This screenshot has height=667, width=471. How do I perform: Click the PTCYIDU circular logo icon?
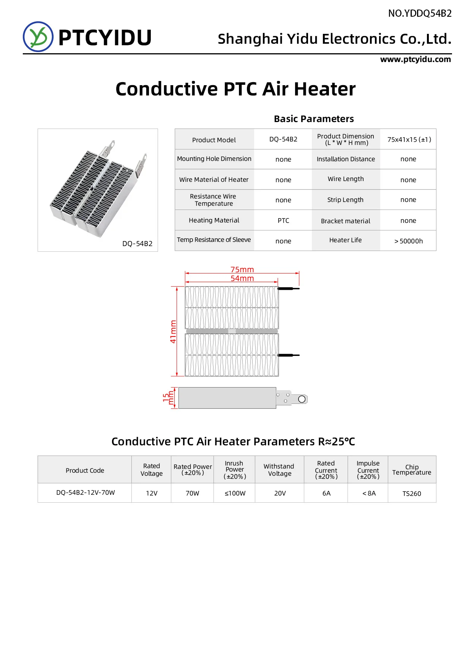pyautogui.click(x=38, y=37)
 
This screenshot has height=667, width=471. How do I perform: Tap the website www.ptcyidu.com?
pyautogui.click(x=416, y=59)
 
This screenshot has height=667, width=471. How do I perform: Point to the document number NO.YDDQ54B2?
pyautogui.click(x=420, y=14)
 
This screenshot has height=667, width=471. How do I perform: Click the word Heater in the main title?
pyautogui.click(x=325, y=89)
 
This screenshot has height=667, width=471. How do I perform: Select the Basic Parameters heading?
pyautogui.click(x=314, y=119)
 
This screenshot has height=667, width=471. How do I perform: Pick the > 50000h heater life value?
pyautogui.click(x=408, y=241)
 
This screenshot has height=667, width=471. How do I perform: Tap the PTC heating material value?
pyautogui.click(x=283, y=221)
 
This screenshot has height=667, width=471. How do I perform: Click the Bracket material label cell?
pyautogui.click(x=345, y=221)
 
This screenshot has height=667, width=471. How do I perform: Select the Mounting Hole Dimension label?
pyautogui.click(x=214, y=159)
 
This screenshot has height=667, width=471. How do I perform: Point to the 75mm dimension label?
pyautogui.click(x=242, y=270)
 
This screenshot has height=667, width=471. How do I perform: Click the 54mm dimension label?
pyautogui.click(x=242, y=278)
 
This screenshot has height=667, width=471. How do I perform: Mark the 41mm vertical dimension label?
pyautogui.click(x=173, y=332)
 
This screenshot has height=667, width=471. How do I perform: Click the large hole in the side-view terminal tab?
pyautogui.click(x=302, y=399)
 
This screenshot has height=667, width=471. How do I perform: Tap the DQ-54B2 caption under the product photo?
pyautogui.click(x=137, y=244)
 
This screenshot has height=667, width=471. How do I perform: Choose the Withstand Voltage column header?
pyautogui.click(x=279, y=470)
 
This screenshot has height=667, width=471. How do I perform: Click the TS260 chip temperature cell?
pyautogui.click(x=412, y=494)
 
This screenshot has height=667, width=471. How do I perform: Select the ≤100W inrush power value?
pyautogui.click(x=235, y=493)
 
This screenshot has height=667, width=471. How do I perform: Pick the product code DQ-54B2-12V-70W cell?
pyautogui.click(x=85, y=493)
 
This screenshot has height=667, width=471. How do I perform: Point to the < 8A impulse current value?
pyautogui.click(x=368, y=493)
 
